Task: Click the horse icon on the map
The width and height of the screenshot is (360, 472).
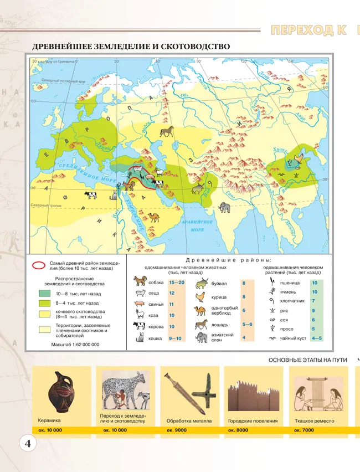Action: click(167, 131)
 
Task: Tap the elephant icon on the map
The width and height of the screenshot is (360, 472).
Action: click(224, 207)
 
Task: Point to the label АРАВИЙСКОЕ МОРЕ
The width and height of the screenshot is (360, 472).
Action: click(197, 225)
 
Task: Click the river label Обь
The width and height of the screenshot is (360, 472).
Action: click(185, 95)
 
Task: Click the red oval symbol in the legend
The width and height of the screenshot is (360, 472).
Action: click(39, 264)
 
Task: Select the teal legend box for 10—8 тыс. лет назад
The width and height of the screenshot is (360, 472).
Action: click(44, 294)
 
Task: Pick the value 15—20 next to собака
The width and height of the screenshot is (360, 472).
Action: click(177, 283)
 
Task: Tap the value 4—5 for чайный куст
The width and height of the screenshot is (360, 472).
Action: click(317, 338)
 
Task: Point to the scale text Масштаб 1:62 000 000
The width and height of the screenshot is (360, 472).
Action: click(75, 344)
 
